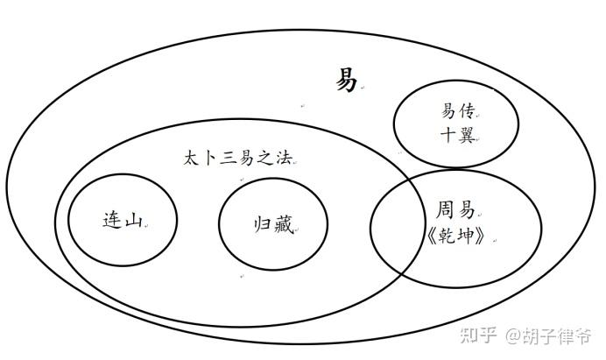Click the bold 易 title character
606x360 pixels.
[x=346, y=80]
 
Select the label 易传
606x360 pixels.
[x=458, y=112]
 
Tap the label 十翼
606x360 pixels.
[x=458, y=135]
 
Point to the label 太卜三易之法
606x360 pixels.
[x=237, y=159]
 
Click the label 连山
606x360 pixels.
[x=123, y=221]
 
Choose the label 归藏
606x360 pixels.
[x=273, y=224]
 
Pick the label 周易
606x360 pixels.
[x=455, y=210]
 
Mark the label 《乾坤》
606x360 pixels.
[x=456, y=236]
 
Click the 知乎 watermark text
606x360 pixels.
[x=478, y=335]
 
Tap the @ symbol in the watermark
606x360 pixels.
[x=513, y=335]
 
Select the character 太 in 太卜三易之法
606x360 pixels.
[x=191, y=159]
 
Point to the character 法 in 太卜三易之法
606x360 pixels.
[x=284, y=159]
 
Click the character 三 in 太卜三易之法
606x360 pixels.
[x=228, y=159]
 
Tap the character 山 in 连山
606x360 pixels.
[x=133, y=221]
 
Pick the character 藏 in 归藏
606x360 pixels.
[x=284, y=224]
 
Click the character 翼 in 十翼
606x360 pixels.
[x=467, y=135]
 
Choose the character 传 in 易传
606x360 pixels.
[x=467, y=112]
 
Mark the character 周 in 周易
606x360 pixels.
[x=446, y=210]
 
